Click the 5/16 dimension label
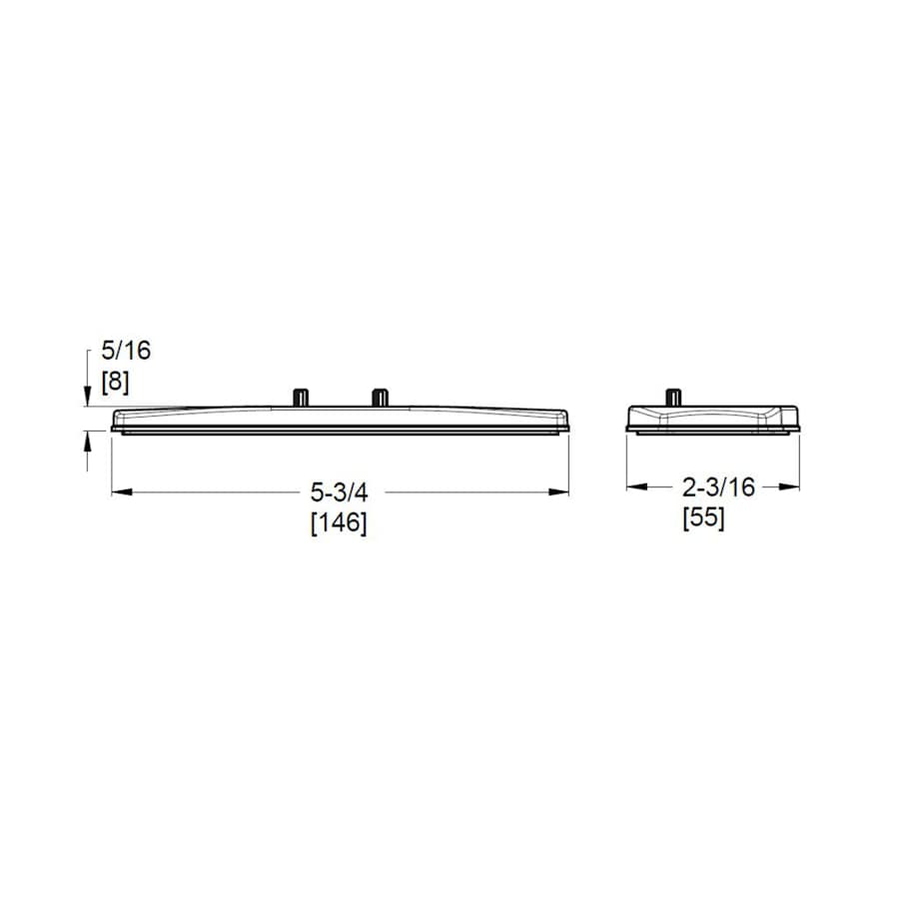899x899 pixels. click(x=126, y=351)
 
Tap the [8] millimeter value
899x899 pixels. click(x=115, y=383)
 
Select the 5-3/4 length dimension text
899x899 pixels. click(x=339, y=491)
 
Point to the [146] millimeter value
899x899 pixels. click(x=339, y=522)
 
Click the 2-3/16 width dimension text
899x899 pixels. click(x=718, y=487)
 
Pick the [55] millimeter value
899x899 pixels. click(x=703, y=518)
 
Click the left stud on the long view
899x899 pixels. click(x=301, y=398)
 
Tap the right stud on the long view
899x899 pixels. click(x=379, y=398)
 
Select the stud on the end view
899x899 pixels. click(x=673, y=398)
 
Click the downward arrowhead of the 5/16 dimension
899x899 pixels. click(x=87, y=397)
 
